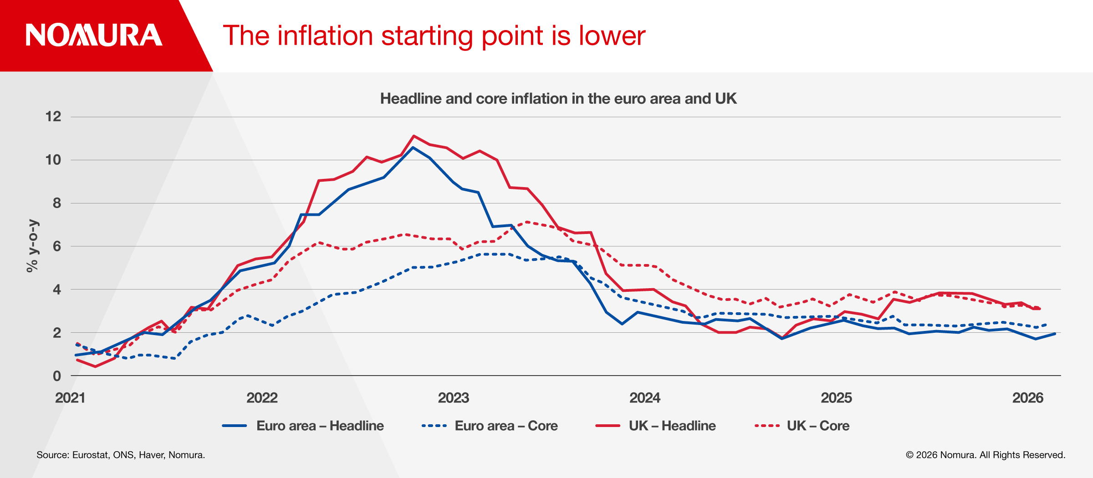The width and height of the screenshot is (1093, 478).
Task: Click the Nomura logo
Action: pos(94,36)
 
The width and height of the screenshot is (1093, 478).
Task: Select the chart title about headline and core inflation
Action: pos(558,99)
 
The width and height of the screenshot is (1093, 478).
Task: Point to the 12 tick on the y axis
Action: pos(53,117)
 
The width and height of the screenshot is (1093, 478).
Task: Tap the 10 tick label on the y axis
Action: pos(53,160)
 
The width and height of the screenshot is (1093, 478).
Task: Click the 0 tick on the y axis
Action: pos(57,376)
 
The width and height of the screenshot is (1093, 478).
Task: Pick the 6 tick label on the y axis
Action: pos(57,246)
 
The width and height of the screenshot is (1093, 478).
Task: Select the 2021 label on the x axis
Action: pos(70,398)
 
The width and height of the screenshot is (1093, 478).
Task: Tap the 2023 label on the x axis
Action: pos(453,398)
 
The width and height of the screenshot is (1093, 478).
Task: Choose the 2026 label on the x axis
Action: pos(1027,398)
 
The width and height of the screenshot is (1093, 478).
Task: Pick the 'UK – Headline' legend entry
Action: pos(656,426)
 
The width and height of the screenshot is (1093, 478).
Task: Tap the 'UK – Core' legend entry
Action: pos(802,426)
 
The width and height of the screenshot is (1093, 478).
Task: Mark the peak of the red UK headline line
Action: pos(414,136)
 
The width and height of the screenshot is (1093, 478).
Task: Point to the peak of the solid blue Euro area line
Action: pos(413,147)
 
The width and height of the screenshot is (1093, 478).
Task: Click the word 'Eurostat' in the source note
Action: pos(90,455)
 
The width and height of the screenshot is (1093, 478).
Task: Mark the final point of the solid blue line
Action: pos(1055,334)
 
